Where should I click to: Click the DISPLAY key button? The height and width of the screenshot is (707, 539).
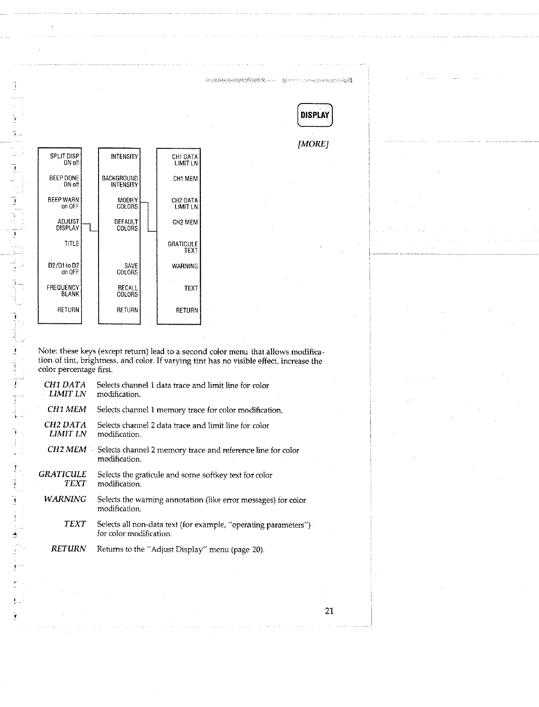coord(315,115)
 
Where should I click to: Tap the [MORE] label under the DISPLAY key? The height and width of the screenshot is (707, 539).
coord(314,144)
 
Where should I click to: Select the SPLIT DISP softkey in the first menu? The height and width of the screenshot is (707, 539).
coord(65,159)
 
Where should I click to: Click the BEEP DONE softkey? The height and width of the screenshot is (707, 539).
coord(64,181)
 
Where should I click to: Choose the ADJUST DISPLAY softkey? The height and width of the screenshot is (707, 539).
coord(68,225)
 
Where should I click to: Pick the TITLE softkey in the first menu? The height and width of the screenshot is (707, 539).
coord(71,244)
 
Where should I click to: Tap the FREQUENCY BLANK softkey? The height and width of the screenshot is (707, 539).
coord(63,291)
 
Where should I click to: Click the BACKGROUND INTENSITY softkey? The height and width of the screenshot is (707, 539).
coord(120,181)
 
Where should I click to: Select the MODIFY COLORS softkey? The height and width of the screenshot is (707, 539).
coord(127,203)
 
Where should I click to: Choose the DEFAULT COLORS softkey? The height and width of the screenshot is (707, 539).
coord(126,225)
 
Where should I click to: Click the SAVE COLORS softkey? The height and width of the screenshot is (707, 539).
coord(127,269)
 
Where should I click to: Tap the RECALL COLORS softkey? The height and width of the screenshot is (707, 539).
coord(127,291)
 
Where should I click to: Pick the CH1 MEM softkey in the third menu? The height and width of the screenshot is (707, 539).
coord(185,179)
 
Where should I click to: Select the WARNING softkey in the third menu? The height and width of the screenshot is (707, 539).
coord(185,266)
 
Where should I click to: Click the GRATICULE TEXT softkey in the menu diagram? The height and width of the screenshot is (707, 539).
coord(183,247)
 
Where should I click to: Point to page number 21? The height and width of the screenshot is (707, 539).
coord(329,611)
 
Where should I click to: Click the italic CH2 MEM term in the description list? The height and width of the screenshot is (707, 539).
coord(67,450)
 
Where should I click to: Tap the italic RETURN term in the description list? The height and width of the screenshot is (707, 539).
coord(68,549)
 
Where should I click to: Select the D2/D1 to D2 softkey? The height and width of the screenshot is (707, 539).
coord(64,269)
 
